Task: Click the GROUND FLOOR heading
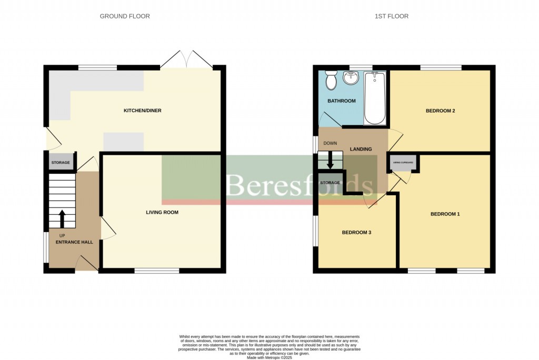[x=125, y=16]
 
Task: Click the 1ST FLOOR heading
[x=391, y=16]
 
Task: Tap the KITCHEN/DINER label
[x=142, y=111]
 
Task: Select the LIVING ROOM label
[x=162, y=213]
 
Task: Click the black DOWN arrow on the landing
[x=331, y=160]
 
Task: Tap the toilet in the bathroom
[x=331, y=81]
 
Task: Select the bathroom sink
[x=351, y=78]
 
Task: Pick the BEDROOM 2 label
[x=440, y=111]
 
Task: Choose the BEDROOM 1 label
[x=445, y=214]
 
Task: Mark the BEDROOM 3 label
[x=357, y=232]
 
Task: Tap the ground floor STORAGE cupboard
[x=61, y=163]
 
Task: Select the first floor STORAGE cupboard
[x=330, y=183]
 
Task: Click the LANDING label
[x=361, y=149]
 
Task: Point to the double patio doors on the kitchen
[x=186, y=59]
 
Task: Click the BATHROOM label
[x=342, y=101]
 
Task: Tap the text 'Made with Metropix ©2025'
[x=269, y=357]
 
